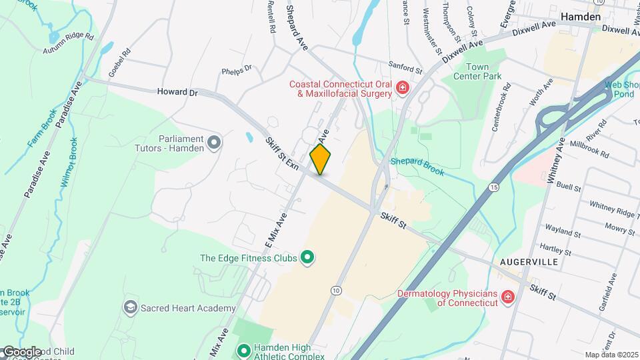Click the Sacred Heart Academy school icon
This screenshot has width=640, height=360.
coord(130,307)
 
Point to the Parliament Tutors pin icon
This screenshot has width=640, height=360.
coord(213,142)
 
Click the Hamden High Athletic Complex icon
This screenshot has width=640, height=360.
coord(244,349)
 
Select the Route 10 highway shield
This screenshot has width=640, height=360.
coord(335,290)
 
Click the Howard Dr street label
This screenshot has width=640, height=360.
coord(178,93)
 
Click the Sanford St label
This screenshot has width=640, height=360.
coord(406,67)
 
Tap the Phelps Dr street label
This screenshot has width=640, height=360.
coord(237,69)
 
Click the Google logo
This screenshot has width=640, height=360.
coord(22,351)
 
